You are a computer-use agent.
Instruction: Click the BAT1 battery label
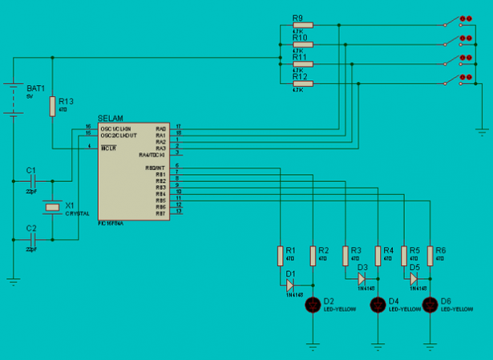point(36,87)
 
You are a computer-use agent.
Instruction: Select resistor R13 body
point(52,106)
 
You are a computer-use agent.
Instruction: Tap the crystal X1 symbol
point(52,208)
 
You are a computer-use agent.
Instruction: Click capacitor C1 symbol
point(32,183)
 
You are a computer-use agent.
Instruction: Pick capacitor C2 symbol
point(32,240)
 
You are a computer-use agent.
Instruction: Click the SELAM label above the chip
point(110,119)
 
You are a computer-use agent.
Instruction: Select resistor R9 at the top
point(302,25)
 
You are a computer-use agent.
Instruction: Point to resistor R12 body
point(302,83)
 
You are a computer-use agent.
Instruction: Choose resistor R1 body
point(280,254)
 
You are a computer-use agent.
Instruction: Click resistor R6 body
point(430,254)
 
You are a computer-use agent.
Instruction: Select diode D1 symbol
point(291,284)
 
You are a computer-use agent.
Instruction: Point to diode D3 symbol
point(362,279)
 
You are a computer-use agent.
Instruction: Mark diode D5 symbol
point(414,279)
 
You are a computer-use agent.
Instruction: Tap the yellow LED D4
point(378,305)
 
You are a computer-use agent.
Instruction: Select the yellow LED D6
point(430,305)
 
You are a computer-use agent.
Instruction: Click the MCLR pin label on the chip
point(109,148)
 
